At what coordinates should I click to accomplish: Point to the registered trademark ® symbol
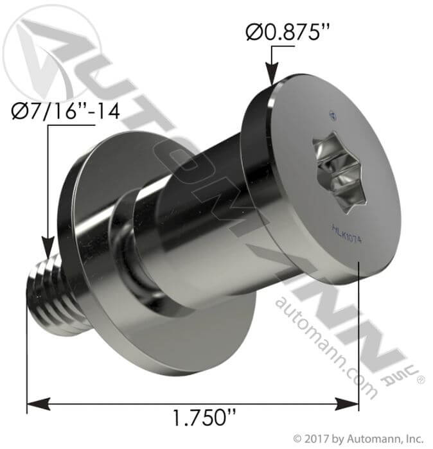pos(421,381)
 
